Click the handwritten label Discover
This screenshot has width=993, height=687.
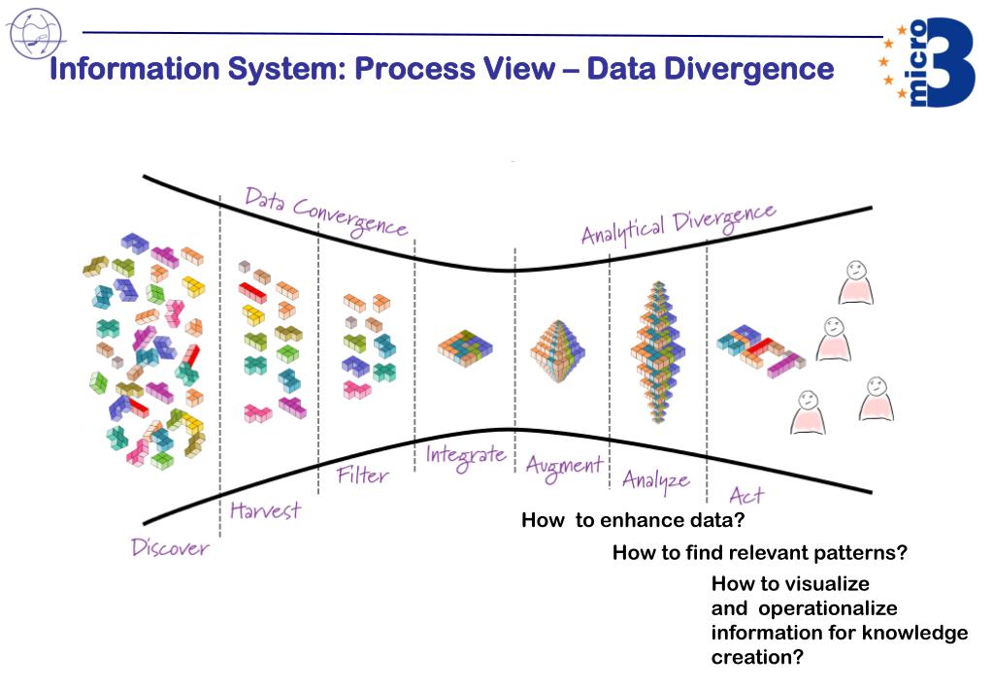(170, 548)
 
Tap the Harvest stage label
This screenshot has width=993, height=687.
(265, 509)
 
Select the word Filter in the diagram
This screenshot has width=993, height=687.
(362, 475)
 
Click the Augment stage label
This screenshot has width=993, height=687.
(564, 466)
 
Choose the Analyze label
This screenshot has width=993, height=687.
(655, 479)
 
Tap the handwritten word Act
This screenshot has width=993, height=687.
(745, 495)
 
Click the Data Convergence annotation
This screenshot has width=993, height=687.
(325, 212)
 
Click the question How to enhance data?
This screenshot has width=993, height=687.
(632, 520)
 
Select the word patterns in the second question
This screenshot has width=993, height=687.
(861, 553)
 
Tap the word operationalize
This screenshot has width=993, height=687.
(827, 608)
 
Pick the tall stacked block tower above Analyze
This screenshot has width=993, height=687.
(655, 352)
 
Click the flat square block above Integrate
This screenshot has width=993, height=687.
(464, 345)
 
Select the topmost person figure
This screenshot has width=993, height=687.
(855, 282)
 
